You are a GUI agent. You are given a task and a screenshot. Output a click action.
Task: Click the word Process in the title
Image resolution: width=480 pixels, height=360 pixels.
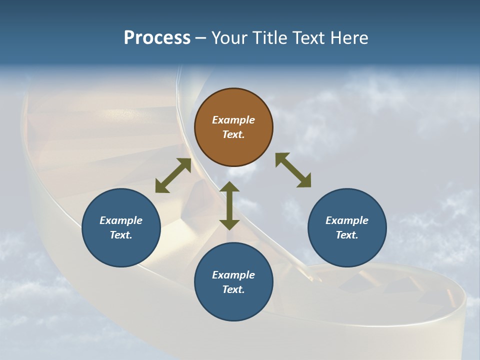pyautogui.click(x=157, y=38)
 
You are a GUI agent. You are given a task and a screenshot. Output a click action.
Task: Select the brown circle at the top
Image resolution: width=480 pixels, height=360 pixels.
pyautogui.click(x=233, y=127)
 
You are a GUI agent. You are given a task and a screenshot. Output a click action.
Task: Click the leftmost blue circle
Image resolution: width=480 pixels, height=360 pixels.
pyautogui.click(x=121, y=227)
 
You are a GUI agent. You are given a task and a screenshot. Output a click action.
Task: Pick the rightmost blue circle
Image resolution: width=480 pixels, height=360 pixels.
pyautogui.click(x=347, y=227)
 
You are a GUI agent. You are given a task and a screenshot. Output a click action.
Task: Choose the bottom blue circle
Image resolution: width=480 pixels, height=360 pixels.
pyautogui.click(x=233, y=282)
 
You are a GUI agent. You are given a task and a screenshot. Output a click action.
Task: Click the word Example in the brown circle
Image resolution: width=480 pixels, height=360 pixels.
pyautogui.click(x=233, y=120)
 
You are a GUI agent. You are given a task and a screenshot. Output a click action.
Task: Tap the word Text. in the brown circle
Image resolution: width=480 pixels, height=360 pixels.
pyautogui.click(x=233, y=134)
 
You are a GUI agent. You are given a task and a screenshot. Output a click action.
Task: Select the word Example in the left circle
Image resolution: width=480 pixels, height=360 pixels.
pyautogui.click(x=121, y=220)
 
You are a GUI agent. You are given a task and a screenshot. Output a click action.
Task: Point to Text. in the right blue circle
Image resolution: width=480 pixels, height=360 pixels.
pyautogui.click(x=347, y=235)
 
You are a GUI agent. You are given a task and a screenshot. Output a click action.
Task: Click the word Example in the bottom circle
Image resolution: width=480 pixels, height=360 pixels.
pyautogui.click(x=233, y=275)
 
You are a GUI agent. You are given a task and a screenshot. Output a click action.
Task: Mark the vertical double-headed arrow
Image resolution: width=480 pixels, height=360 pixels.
pyautogui.click(x=229, y=205)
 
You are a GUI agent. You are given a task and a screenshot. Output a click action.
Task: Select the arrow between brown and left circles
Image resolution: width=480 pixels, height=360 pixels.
pyautogui.click(x=173, y=175)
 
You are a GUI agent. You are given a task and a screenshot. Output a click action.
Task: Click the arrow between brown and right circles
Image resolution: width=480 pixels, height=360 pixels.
pyautogui.click(x=293, y=170)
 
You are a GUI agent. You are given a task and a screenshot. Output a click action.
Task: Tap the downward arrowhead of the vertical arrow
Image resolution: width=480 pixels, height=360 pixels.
pyautogui.click(x=229, y=224)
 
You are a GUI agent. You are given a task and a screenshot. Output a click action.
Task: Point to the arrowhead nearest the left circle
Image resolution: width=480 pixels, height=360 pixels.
pyautogui.click(x=161, y=187)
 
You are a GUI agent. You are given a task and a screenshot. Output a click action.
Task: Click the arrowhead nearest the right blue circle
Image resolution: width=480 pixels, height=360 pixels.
pyautogui.click(x=304, y=181)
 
